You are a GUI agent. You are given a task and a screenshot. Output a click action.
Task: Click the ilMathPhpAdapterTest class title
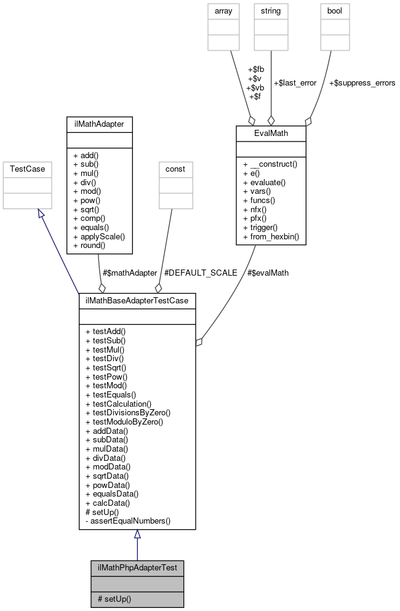(x=137, y=567)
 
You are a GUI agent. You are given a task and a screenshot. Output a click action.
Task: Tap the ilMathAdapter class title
(x=98, y=124)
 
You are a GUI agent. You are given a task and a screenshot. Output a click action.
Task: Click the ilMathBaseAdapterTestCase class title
(x=137, y=300)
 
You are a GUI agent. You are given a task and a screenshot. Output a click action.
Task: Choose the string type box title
(x=271, y=11)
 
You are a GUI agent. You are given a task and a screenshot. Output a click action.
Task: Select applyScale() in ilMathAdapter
(x=98, y=236)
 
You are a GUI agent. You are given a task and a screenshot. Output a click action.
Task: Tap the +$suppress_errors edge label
(x=362, y=82)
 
